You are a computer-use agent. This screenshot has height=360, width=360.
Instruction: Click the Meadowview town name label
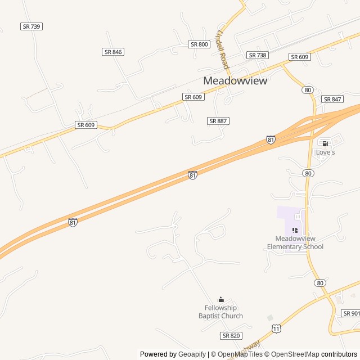[x=235, y=80]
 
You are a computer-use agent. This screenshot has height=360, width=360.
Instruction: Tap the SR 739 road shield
[x=31, y=26]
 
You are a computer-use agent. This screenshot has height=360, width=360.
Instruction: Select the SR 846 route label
[x=113, y=52]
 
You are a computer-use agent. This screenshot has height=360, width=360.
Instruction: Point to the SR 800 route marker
[x=199, y=44]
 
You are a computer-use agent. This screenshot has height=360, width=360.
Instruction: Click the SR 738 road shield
[x=258, y=55]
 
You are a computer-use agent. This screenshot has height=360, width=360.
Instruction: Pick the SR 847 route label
[x=332, y=99]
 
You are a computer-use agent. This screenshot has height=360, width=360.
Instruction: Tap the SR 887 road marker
[x=218, y=121]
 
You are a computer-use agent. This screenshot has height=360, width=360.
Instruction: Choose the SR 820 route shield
[x=231, y=335]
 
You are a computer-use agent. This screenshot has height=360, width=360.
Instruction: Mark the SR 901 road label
[x=351, y=313]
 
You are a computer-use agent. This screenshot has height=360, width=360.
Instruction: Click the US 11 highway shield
[x=276, y=328]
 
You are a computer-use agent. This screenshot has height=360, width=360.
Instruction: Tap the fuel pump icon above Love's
[x=325, y=143]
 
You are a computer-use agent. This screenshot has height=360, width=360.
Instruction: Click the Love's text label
[x=325, y=152]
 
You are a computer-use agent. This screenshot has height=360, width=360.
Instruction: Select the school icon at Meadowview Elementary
[x=295, y=229]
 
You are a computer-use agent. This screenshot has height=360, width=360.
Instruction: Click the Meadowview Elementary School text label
[x=295, y=242]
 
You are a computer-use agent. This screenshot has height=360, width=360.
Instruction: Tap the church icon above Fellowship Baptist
[x=220, y=299]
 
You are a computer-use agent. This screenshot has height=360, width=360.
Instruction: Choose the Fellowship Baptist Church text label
[x=220, y=312]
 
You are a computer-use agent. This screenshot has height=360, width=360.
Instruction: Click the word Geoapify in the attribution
[x=191, y=354]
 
